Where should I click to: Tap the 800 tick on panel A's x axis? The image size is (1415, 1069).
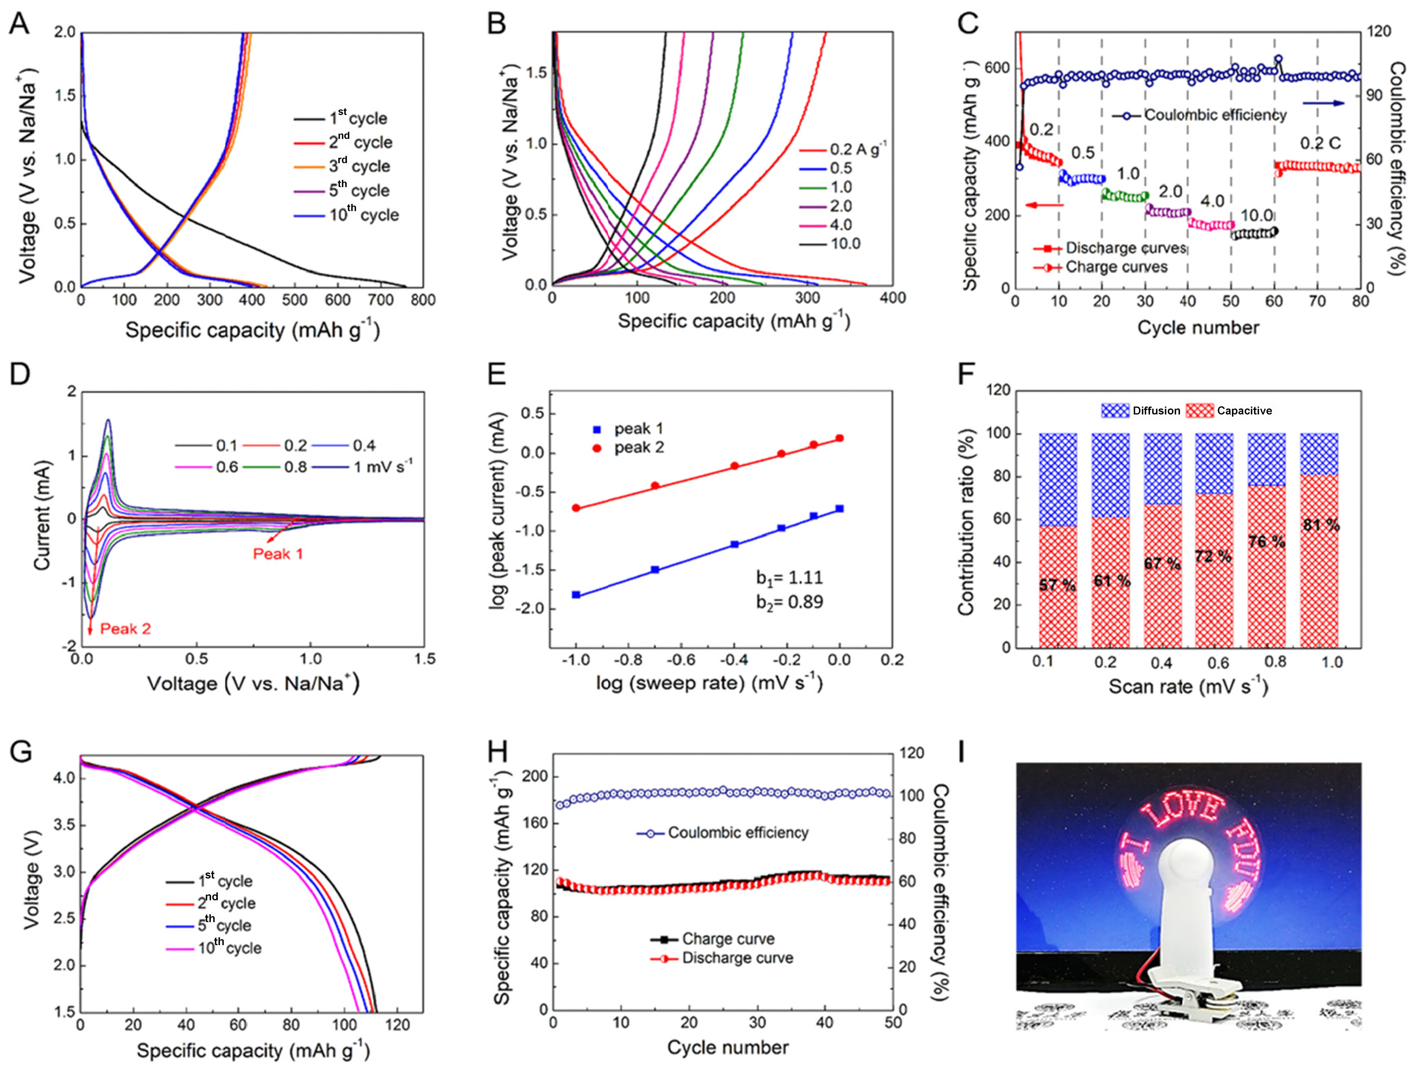pos(423,300)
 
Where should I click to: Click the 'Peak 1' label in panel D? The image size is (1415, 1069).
pos(278,554)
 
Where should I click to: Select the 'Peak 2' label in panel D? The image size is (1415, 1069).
pos(125,629)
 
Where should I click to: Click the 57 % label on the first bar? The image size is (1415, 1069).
pos(1057,584)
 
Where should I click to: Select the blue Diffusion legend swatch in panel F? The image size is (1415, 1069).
pos(1115,411)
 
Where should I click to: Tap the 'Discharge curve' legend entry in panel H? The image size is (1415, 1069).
pos(737,958)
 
